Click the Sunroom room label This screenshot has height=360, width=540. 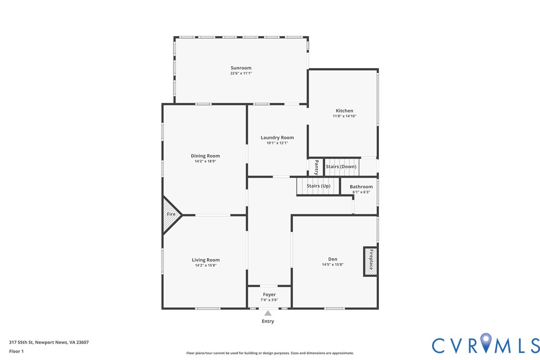[241, 68]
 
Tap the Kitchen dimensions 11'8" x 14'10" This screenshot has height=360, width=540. [345, 116]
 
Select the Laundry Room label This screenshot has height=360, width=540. [277, 137]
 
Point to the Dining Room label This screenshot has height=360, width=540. [205, 156]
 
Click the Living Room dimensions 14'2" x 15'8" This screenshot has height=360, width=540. [205, 265]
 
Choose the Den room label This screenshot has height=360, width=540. [333, 259]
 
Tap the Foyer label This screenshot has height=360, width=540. [270, 294]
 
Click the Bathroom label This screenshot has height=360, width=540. [361, 187]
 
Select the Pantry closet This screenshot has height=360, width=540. [316, 168]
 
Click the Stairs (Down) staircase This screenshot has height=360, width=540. [342, 167]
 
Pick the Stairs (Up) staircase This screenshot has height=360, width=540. [318, 186]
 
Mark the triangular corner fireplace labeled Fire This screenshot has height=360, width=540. [171, 215]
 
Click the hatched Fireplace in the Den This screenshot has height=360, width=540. [370, 262]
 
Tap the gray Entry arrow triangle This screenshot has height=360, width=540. [268, 313]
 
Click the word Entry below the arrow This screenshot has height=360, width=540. [268, 321]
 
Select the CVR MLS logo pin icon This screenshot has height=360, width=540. [486, 342]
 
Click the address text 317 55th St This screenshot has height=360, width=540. [21, 343]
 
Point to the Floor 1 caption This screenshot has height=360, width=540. [16, 352]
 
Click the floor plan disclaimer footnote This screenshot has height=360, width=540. [270, 353]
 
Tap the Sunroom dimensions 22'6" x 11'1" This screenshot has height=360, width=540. [241, 74]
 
